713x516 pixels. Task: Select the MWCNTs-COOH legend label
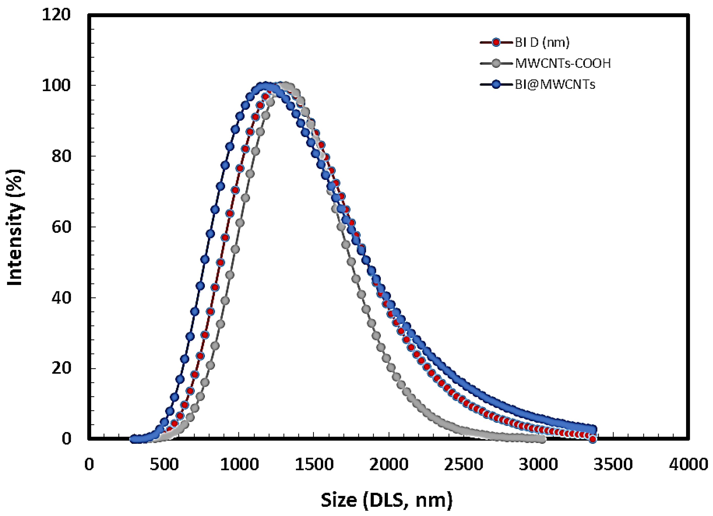pyautogui.click(x=563, y=63)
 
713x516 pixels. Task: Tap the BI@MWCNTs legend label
pyautogui.click(x=555, y=85)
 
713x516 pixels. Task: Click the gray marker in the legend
pyautogui.click(x=496, y=63)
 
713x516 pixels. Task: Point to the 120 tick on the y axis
pyautogui.click(x=56, y=15)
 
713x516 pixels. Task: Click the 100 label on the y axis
pyautogui.click(x=56, y=86)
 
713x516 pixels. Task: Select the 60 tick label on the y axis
pyautogui.click(x=60, y=227)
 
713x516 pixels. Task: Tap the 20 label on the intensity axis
pyautogui.click(x=60, y=368)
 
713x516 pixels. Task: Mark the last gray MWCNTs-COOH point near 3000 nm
pyautogui.click(x=542, y=439)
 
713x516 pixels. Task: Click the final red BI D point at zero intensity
pyautogui.click(x=593, y=439)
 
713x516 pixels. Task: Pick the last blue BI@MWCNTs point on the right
pyautogui.click(x=593, y=430)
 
